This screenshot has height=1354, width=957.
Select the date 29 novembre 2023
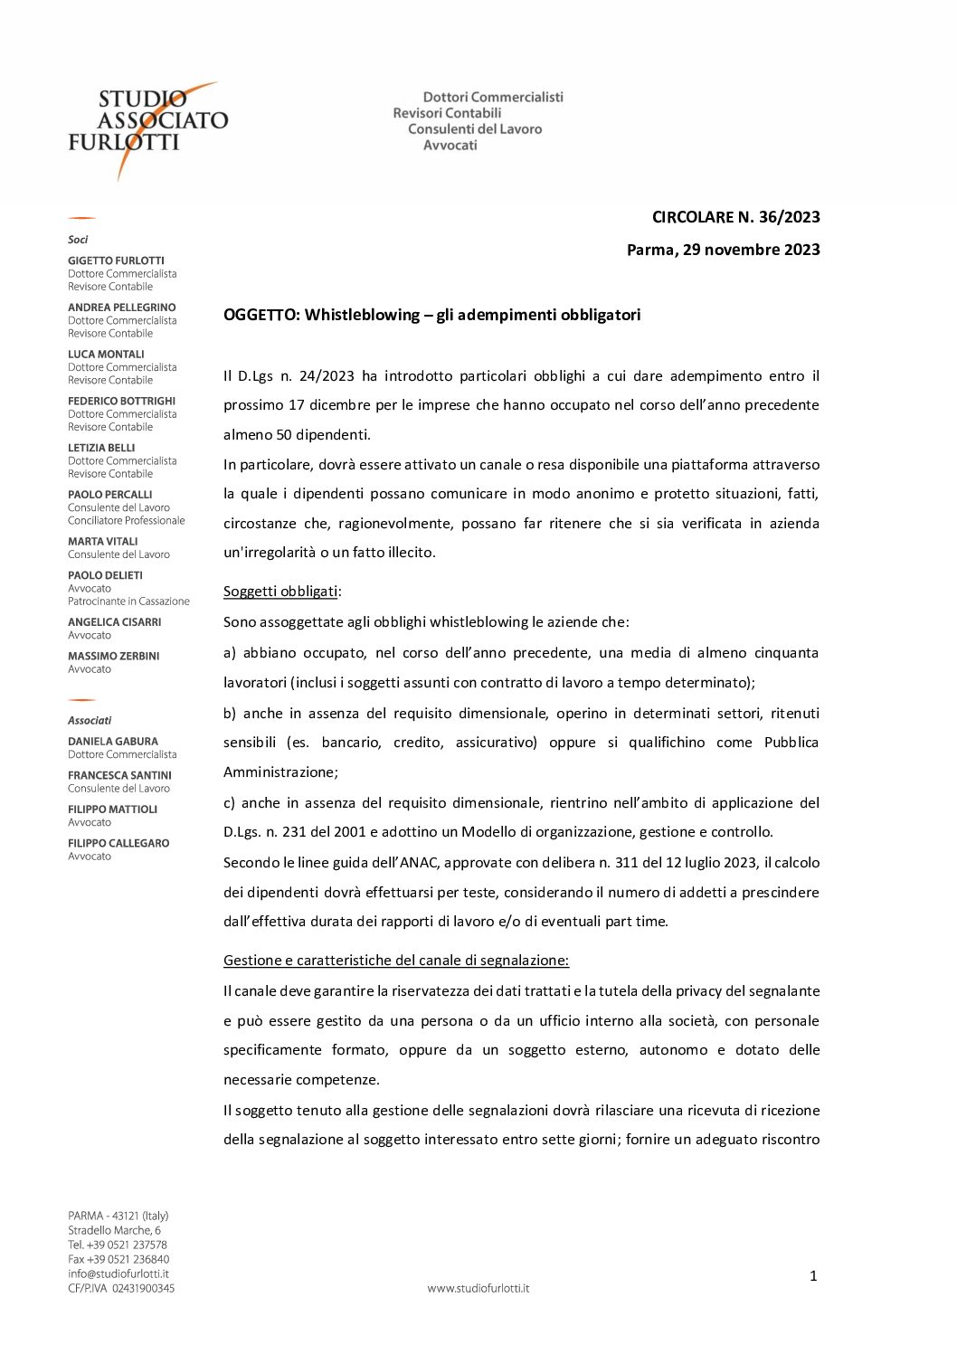click(751, 250)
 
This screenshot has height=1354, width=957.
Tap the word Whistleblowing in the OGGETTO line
click(362, 315)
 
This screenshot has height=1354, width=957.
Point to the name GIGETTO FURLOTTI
click(116, 260)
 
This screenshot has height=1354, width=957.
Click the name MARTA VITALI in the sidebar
click(103, 542)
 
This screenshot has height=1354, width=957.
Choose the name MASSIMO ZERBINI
click(113, 656)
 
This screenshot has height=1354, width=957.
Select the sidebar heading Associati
click(90, 721)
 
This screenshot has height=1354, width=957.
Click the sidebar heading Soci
click(78, 240)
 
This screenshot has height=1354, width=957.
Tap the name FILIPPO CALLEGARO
click(118, 843)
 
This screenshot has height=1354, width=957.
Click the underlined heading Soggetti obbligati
click(281, 592)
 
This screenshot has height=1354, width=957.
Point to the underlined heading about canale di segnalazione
click(396, 961)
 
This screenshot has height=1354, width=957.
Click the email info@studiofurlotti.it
click(118, 1274)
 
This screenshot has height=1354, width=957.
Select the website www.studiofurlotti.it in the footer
click(478, 1288)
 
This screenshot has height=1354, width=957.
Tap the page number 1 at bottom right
click(813, 1276)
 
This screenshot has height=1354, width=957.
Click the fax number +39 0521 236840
click(118, 1259)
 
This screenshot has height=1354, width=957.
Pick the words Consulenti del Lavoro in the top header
click(475, 129)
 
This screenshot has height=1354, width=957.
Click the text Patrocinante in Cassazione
click(128, 601)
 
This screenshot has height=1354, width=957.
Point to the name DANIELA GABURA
click(113, 742)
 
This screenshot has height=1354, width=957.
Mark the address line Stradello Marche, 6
click(114, 1230)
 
